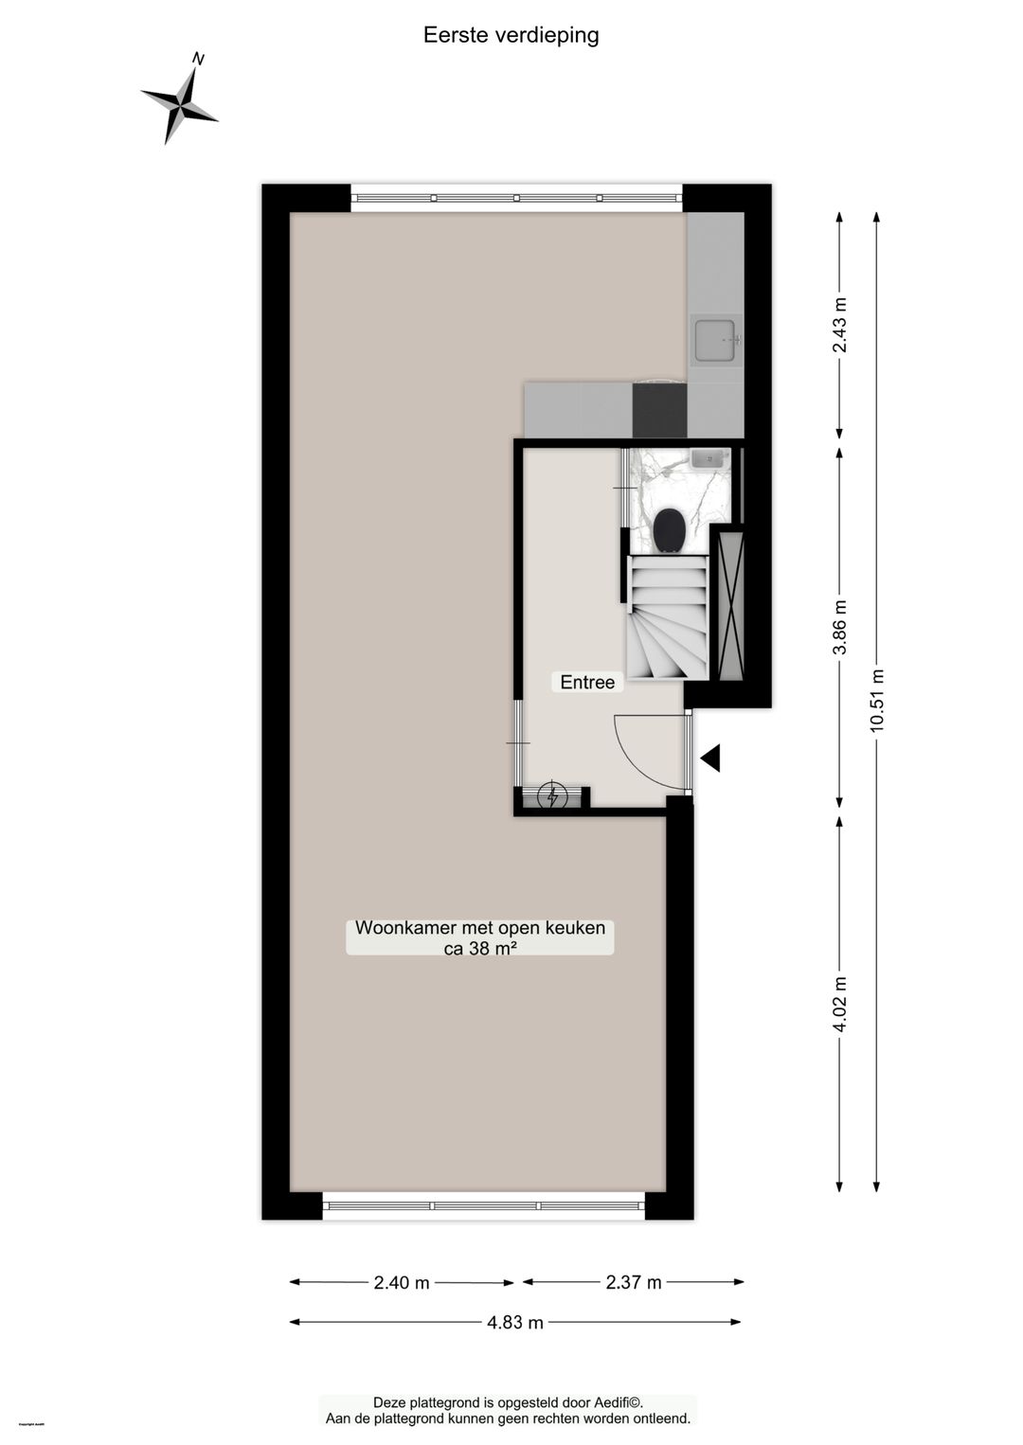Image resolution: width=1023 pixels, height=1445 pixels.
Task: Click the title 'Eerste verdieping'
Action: click(511, 35)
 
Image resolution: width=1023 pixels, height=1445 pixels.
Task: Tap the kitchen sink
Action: click(715, 341)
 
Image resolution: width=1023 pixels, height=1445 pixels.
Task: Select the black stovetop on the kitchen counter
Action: click(659, 410)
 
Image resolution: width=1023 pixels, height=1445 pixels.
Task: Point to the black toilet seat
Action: click(670, 529)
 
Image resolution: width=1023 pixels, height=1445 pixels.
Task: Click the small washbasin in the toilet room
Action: click(708, 459)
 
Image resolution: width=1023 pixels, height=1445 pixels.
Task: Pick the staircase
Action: click(668, 616)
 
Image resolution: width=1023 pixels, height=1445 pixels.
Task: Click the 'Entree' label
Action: click(587, 682)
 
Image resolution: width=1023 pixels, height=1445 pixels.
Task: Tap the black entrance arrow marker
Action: click(710, 758)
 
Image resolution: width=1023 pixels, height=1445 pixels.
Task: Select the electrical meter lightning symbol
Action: click(552, 796)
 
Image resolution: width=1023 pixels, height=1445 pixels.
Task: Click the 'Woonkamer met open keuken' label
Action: click(480, 928)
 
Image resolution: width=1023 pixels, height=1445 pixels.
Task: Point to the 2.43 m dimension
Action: click(839, 325)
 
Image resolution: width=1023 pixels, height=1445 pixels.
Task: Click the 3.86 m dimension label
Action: click(839, 627)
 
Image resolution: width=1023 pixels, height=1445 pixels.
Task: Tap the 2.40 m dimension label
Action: click(402, 1283)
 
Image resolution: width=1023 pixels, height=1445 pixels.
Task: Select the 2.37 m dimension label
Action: click(634, 1283)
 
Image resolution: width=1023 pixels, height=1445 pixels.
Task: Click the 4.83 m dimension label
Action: click(515, 1323)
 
